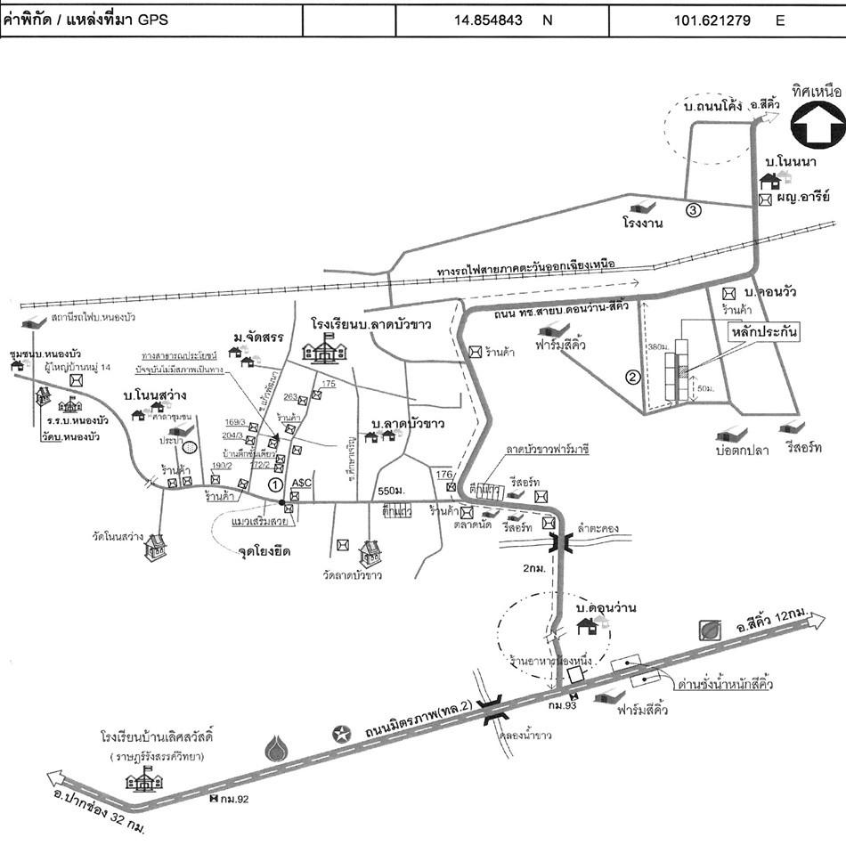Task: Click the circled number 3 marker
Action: pos(693,210)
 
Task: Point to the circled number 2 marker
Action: pos(633,376)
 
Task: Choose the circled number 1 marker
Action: pos(275,484)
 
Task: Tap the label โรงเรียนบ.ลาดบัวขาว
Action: pos(370,323)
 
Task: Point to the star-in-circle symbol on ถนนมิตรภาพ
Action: pos(340,734)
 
